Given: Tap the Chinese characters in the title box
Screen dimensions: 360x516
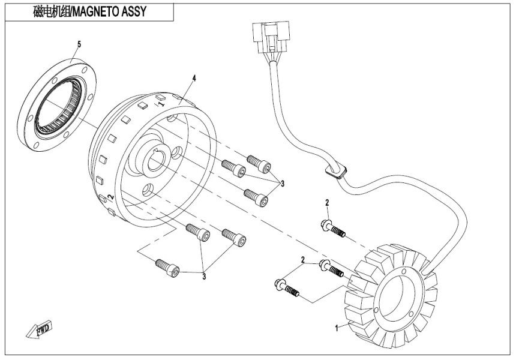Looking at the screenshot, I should tap(52, 11).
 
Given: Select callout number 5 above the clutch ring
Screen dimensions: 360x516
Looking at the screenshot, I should tap(79, 44).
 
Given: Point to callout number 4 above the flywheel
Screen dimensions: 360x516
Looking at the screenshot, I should tap(194, 79).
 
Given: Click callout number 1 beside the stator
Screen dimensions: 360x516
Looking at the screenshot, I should tap(337, 328).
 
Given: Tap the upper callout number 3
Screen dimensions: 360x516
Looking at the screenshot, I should tap(281, 182).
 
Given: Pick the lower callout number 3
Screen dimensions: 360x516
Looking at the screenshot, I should tap(204, 276).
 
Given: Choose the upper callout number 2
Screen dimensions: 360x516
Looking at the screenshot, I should tap(328, 203).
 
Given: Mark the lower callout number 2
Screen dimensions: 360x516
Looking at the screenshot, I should tap(303, 260).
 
